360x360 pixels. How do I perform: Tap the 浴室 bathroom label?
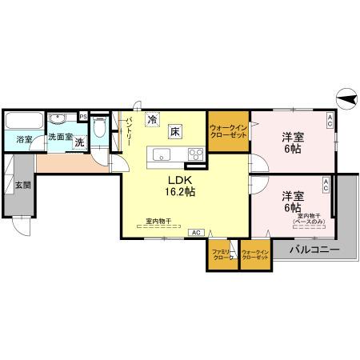click(24, 139)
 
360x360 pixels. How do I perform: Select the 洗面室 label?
click(59, 137)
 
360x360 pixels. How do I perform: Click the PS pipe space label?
click(83, 115)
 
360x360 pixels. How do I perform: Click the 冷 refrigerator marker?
click(152, 121)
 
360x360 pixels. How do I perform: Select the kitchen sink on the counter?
click(158, 154)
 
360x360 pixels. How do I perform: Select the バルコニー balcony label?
click(314, 250)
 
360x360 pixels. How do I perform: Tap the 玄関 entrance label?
click(22, 186)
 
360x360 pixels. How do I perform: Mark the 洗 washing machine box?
click(79, 142)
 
